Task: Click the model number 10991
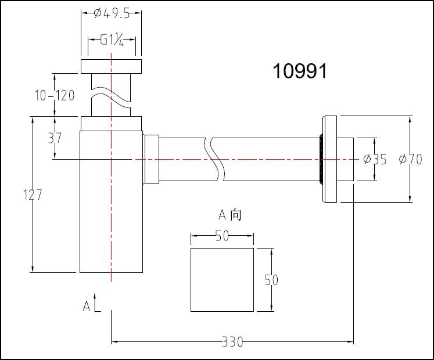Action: click(300, 72)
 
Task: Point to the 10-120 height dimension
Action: click(54, 95)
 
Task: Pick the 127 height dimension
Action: click(32, 195)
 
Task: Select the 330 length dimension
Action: click(232, 342)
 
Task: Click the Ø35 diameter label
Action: click(374, 160)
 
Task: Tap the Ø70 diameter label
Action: click(410, 160)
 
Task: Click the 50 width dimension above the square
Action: click(222, 235)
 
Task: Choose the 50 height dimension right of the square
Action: click(271, 280)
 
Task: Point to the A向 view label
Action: click(229, 215)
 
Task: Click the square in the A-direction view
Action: click(222, 280)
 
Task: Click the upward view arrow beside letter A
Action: click(97, 304)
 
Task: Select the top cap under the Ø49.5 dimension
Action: click(111, 66)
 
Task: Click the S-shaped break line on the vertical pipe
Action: click(110, 97)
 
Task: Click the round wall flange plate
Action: click(330, 159)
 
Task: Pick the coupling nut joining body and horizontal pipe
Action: click(151, 159)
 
